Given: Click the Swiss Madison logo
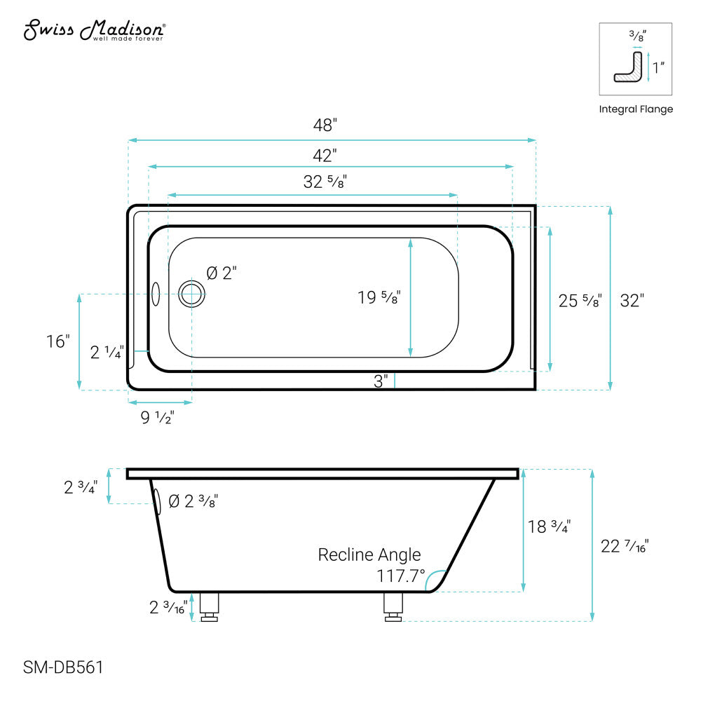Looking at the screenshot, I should pos(95,30).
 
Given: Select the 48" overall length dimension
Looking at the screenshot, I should pos(325,125).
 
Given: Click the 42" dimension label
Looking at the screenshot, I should pos(325,154).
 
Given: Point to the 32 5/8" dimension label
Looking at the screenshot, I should pos(325,182).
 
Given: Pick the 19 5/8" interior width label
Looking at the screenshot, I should pos(379,297).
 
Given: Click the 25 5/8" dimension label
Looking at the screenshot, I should pos(580,301).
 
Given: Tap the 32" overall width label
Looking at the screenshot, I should pos(632,301).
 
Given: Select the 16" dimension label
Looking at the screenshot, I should pos(59,342).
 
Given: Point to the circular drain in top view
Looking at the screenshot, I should pos(191,294).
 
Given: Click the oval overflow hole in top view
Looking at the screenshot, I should pos(156,294).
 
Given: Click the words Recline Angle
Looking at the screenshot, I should pos(369,555).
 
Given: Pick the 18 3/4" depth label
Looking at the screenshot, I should pos(549,526).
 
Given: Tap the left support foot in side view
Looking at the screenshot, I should pos(210,607).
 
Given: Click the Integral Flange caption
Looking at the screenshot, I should pos(636,109).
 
